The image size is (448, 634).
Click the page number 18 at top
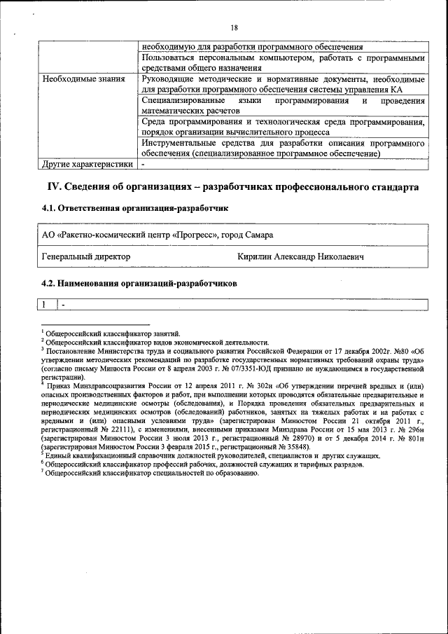point(234,27)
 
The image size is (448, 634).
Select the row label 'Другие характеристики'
point(87,165)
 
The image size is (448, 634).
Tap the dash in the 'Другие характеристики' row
point(143,165)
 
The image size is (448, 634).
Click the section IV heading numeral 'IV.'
point(55,188)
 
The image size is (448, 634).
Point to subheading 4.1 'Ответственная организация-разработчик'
point(134,208)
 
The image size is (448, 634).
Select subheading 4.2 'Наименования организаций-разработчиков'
point(139,284)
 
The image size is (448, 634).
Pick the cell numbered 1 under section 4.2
point(44,305)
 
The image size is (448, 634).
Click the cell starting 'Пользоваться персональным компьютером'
point(282,62)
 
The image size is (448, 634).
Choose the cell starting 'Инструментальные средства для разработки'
point(282,148)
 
